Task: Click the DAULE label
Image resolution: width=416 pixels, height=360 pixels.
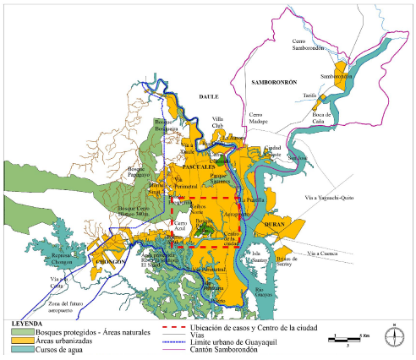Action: pyautogui.click(x=207, y=97)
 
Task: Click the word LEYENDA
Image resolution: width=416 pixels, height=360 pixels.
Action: pyautogui.click(x=29, y=323)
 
